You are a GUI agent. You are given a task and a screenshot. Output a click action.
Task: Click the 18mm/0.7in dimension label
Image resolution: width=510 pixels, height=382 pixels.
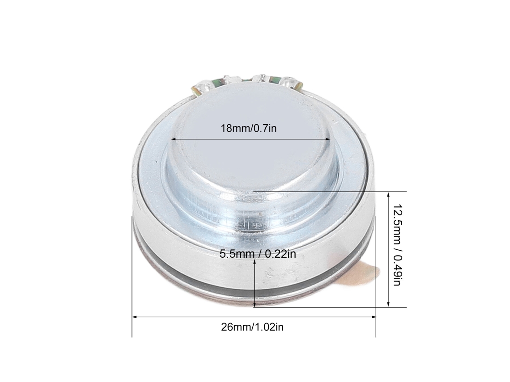tap(249, 128)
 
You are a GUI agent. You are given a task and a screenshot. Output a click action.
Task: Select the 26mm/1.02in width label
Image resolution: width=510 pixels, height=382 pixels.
tap(252, 327)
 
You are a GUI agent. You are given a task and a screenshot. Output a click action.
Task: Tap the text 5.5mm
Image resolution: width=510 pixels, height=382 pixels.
tap(237, 254)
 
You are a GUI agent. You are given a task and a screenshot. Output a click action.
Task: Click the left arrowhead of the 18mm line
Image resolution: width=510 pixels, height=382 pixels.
tap(174, 139)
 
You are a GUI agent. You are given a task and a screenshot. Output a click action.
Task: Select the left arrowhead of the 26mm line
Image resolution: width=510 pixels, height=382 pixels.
tap(135, 316)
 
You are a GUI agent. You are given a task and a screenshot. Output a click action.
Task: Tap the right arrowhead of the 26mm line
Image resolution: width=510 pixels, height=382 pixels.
tap(373, 316)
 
